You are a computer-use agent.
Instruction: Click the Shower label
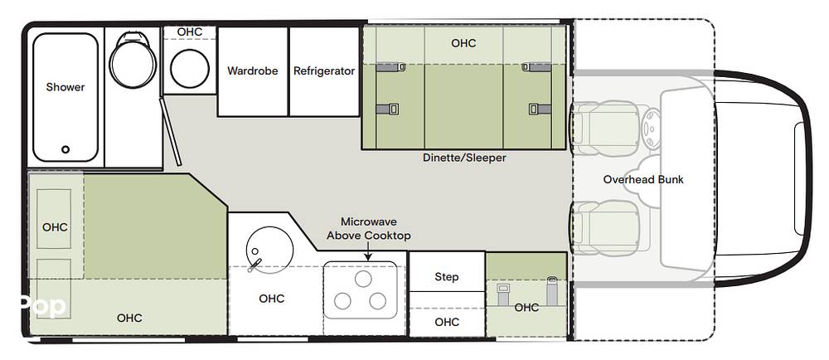[x=65, y=87]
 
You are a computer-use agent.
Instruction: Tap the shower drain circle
[x=65, y=149]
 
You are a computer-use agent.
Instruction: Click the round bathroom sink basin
[x=190, y=69]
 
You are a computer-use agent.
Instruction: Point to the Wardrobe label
[x=253, y=71]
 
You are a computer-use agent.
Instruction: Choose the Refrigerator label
[x=324, y=71]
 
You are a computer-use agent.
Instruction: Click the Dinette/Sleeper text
[x=465, y=158]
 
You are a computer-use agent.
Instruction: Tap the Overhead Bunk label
[x=643, y=179]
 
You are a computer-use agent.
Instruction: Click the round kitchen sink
[x=269, y=250]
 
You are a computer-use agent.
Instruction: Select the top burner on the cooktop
[x=363, y=279]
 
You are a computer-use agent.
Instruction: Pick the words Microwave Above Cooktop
[x=369, y=229]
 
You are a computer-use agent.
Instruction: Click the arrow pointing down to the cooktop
[x=368, y=251]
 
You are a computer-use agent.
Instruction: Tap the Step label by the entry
[x=447, y=277]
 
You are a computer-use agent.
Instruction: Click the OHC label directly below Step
[x=447, y=322]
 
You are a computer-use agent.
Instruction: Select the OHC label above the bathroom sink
[x=190, y=32]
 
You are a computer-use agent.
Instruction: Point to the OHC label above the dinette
[x=463, y=43]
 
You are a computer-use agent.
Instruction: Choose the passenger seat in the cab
[x=608, y=227]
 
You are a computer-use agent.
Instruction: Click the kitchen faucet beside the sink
[x=255, y=265]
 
